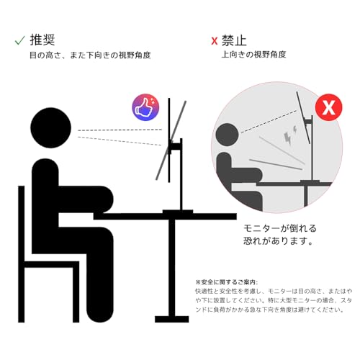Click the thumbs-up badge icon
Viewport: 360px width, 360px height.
145,109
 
